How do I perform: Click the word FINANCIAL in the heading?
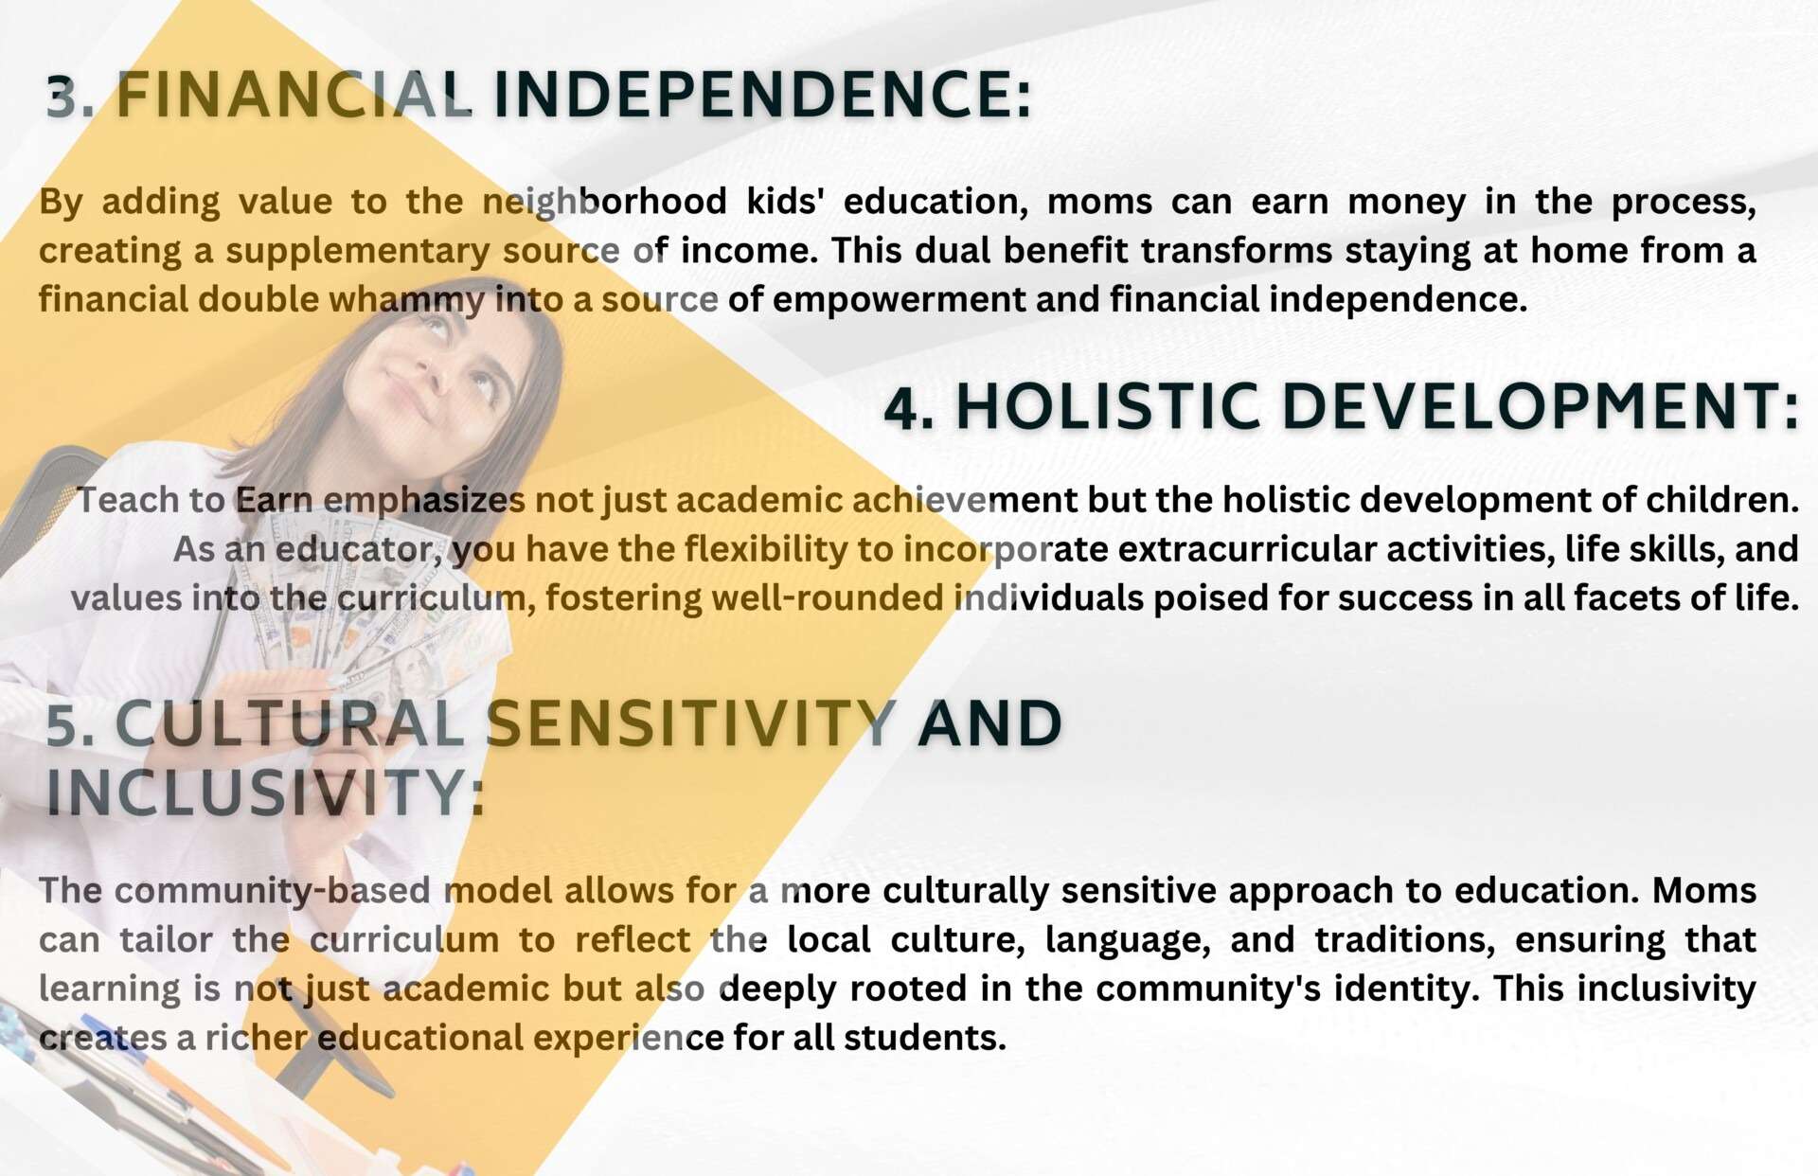click(294, 95)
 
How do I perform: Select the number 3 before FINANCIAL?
click(66, 96)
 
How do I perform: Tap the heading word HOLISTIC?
click(1108, 407)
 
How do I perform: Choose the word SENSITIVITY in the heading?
click(691, 724)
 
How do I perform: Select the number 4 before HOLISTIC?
click(907, 408)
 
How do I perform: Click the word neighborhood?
click(604, 202)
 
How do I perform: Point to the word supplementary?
click(358, 252)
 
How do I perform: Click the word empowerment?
click(899, 299)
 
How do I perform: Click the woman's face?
click(431, 374)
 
